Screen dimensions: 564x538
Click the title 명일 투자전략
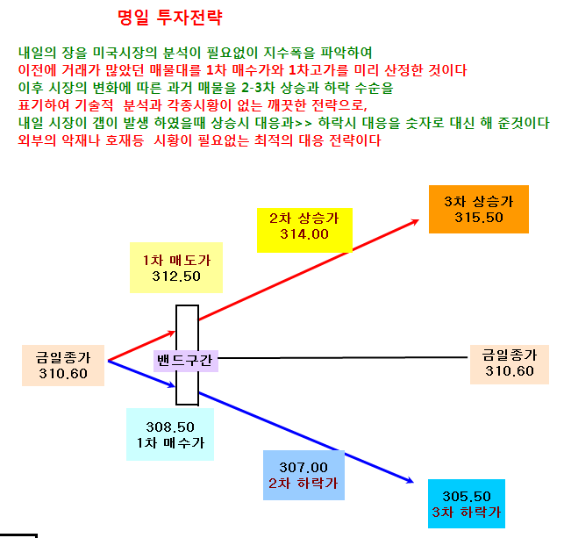tap(170, 17)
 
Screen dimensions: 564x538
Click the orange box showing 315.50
tap(479, 209)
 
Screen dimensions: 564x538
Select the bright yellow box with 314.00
tap(304, 230)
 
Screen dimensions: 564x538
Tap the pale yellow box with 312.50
tap(176, 268)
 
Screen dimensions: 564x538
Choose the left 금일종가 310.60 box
tap(63, 366)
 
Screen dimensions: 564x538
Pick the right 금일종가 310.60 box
tap(510, 364)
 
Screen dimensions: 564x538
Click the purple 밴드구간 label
tap(186, 361)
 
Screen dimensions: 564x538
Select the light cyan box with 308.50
tap(170, 434)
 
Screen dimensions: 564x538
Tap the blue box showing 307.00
tap(303, 475)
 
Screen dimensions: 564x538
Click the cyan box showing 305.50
tap(467, 504)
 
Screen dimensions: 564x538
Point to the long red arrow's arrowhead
tap(417, 221)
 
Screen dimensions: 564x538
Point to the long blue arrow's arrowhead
tap(411, 480)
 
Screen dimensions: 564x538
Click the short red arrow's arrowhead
tap(173, 333)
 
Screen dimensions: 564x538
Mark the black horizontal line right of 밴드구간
tap(343, 358)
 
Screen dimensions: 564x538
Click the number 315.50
tap(479, 218)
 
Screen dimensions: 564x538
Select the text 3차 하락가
tap(467, 512)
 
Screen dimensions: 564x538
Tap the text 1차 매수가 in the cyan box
tap(170, 442)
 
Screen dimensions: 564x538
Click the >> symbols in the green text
tap(303, 124)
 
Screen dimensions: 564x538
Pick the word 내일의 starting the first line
tap(38, 53)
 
